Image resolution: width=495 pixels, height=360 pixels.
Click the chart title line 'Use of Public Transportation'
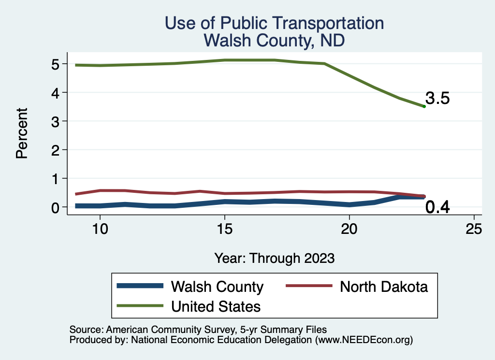[x=275, y=23]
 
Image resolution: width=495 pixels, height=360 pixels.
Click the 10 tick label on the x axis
[x=100, y=229]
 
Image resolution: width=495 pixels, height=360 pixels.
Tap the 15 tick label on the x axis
[x=224, y=229]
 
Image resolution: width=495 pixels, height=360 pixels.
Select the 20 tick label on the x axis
[x=349, y=229]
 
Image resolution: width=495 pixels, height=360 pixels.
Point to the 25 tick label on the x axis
[x=474, y=229]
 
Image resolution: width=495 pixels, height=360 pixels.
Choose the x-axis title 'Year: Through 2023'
[x=275, y=258]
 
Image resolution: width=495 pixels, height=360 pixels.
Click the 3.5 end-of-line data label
[x=437, y=99]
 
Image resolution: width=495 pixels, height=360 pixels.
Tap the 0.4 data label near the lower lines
[x=437, y=208]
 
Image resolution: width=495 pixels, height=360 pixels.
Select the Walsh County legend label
[x=217, y=287]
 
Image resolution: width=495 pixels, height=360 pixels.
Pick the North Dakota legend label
[x=384, y=287]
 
